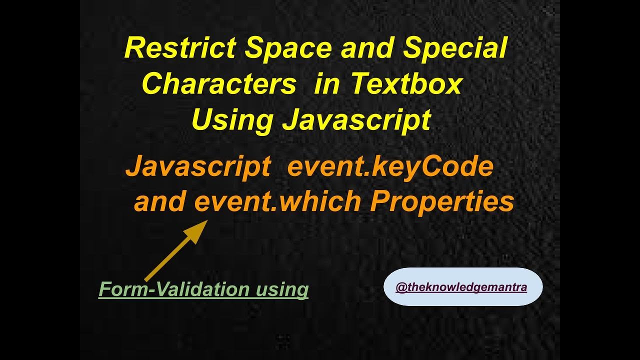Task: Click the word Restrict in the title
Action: point(180,48)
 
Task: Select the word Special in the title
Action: point(455,48)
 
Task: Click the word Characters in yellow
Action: point(219,84)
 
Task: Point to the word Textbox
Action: point(406,84)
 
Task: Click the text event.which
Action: point(277,201)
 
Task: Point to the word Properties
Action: point(442,201)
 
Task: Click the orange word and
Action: point(160,201)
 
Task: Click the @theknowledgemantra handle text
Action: point(461,287)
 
